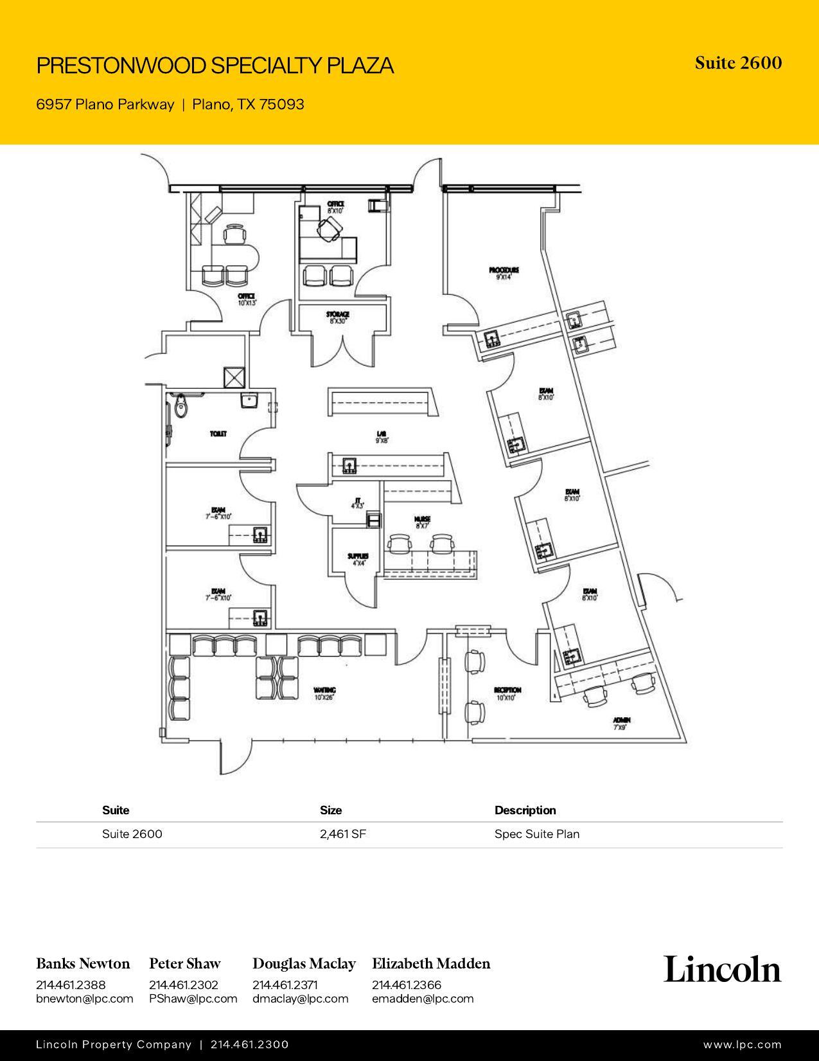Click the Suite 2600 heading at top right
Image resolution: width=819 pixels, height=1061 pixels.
(738, 63)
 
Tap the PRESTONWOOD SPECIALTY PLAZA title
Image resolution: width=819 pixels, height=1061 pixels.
(215, 66)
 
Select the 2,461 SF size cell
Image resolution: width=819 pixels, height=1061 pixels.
(343, 834)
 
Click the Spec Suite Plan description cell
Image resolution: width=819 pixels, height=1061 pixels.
(536, 834)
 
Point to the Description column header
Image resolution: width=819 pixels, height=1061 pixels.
(525, 810)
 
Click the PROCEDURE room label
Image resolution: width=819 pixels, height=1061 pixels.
(504, 271)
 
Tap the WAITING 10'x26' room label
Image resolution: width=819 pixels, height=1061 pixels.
(325, 691)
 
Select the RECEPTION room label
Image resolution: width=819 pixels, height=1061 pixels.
(507, 690)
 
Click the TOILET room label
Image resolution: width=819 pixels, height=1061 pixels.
(218, 434)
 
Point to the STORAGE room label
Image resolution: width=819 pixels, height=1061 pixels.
(337, 315)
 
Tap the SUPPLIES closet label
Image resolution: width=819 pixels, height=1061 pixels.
(358, 557)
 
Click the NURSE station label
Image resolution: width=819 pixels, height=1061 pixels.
(422, 519)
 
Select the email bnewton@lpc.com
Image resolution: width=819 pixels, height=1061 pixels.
(84, 999)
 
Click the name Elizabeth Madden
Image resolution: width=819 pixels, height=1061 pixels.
(430, 963)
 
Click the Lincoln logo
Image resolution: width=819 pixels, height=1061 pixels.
(722, 969)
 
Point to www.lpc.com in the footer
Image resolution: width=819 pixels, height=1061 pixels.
(742, 1045)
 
